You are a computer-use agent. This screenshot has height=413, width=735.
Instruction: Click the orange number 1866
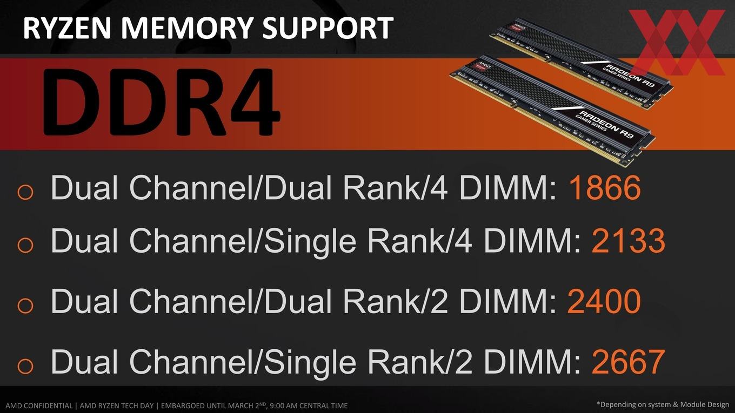604,188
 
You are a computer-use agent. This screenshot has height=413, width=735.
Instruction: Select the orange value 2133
629,241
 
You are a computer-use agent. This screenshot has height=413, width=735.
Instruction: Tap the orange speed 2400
604,301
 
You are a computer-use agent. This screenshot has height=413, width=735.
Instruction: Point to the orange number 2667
629,361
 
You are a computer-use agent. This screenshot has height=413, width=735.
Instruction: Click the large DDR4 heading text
161,102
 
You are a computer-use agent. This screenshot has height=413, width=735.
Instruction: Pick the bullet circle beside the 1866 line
25,192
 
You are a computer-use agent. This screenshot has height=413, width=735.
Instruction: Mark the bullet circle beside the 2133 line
25,245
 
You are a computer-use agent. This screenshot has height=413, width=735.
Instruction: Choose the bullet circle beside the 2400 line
25,305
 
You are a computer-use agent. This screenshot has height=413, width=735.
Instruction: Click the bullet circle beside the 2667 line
25,365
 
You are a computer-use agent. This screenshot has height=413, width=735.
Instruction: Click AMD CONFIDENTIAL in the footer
39,406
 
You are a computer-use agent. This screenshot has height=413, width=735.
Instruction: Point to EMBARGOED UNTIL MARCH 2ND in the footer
214,405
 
